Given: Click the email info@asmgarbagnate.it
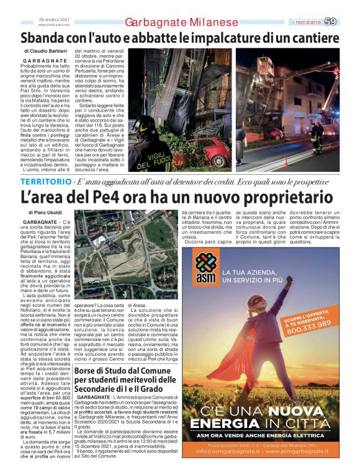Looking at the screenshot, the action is [x=233, y=451].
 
